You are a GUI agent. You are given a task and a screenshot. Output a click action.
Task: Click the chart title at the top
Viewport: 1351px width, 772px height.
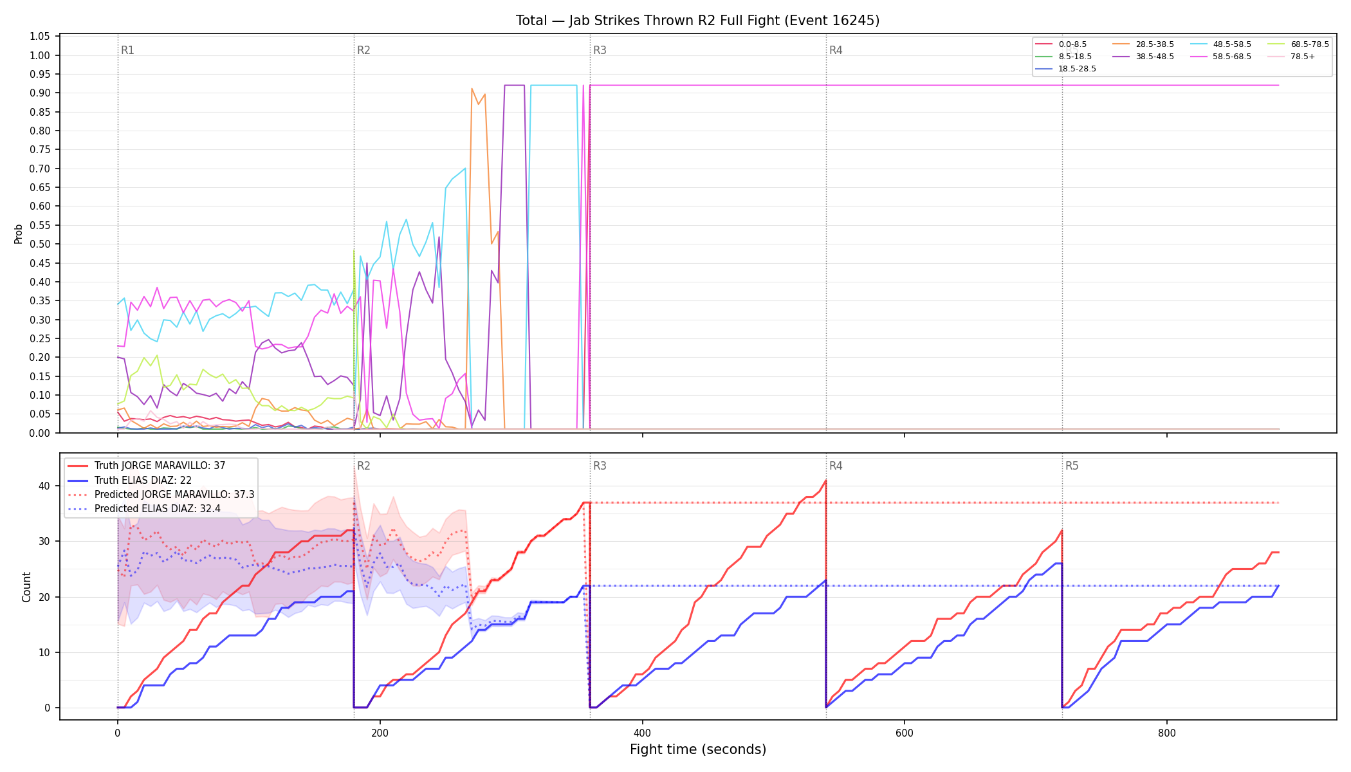(697, 21)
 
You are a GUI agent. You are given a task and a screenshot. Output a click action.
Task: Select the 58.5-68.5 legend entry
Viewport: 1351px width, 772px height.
(1220, 57)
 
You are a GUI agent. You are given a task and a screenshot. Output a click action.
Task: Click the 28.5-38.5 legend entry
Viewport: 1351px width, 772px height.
(1143, 44)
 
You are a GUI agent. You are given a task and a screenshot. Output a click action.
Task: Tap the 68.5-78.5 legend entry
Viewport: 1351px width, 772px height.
(1298, 44)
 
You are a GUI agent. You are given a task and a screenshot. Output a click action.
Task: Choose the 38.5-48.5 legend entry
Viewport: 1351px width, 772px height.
(1143, 57)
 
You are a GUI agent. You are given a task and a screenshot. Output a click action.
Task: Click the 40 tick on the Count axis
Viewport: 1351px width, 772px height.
(44, 486)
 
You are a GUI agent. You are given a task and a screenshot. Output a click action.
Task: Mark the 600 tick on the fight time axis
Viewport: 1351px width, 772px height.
(905, 733)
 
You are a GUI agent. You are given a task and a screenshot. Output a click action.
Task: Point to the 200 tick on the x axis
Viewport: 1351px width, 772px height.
(380, 733)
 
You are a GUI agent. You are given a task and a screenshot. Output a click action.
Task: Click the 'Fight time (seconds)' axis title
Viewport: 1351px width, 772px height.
(698, 749)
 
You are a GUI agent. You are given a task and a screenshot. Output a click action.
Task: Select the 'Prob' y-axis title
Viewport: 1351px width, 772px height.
(19, 234)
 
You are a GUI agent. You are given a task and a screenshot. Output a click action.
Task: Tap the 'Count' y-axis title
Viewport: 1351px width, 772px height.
(26, 587)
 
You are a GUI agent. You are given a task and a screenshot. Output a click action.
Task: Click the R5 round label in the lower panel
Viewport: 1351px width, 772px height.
(1072, 466)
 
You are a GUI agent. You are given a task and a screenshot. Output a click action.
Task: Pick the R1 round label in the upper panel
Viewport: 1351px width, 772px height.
(127, 50)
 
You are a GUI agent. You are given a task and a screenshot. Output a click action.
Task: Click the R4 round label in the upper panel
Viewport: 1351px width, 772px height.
(836, 50)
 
